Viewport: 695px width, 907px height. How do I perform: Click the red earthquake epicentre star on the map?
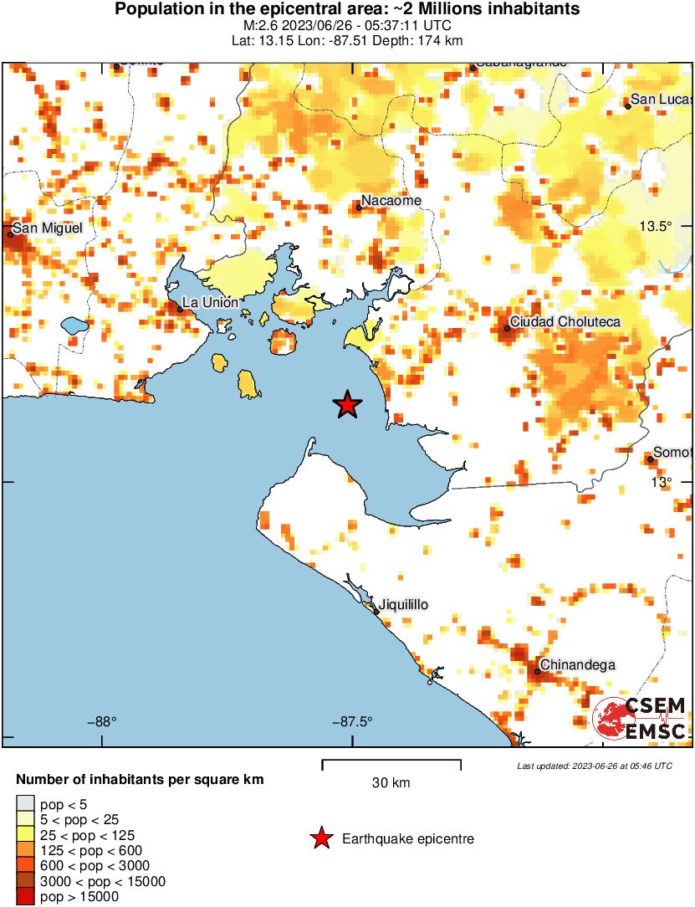coord(347,405)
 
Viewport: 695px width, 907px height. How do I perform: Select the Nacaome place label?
coord(391,200)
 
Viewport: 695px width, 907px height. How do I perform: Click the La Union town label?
coord(210,302)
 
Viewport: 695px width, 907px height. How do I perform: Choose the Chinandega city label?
coord(578,665)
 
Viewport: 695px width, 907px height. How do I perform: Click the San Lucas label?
coord(661,100)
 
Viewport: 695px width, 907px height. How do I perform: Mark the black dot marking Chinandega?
coord(538,671)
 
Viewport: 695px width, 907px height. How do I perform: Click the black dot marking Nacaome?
coord(359,207)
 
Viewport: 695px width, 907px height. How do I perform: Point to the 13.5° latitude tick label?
coord(656,226)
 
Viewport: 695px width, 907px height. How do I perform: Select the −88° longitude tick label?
coord(102,721)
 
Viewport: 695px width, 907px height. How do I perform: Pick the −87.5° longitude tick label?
coord(352,721)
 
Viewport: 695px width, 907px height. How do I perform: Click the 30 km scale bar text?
coord(391,783)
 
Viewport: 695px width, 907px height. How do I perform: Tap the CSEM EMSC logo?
coord(641,719)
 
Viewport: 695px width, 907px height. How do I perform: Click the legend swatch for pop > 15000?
coord(26,897)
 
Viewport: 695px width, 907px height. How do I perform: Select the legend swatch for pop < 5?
coord(26,804)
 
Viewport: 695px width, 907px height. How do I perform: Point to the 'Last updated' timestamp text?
coord(594,766)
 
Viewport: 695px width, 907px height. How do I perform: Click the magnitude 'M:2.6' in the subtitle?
coord(255,26)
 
